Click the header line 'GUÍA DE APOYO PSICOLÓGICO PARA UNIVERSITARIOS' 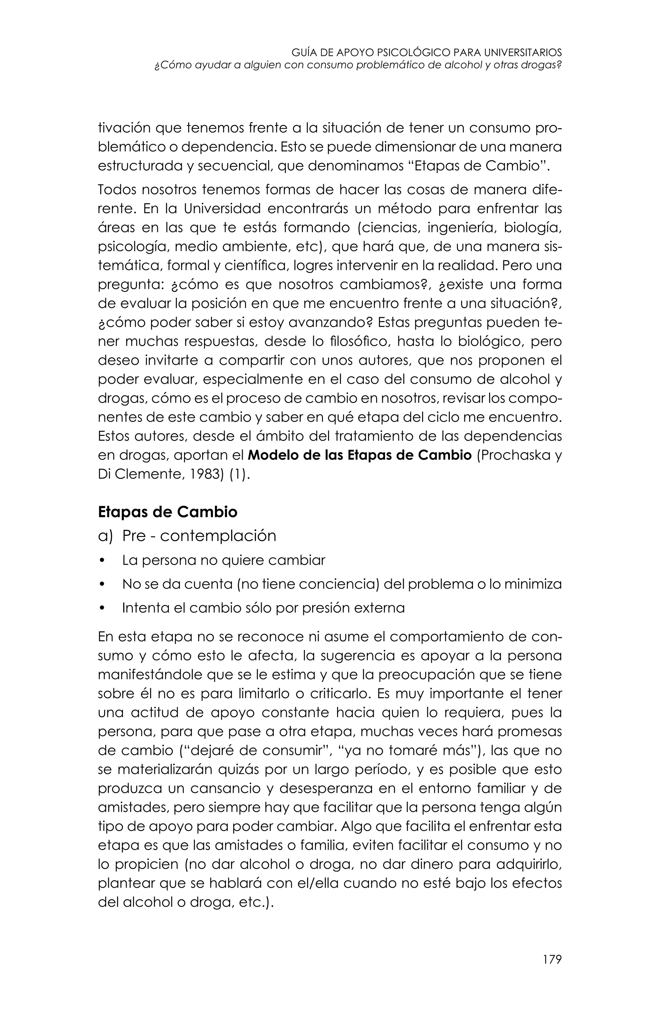pos(426,53)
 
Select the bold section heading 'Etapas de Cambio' pos(168,512)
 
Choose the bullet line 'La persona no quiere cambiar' pos(223,560)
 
